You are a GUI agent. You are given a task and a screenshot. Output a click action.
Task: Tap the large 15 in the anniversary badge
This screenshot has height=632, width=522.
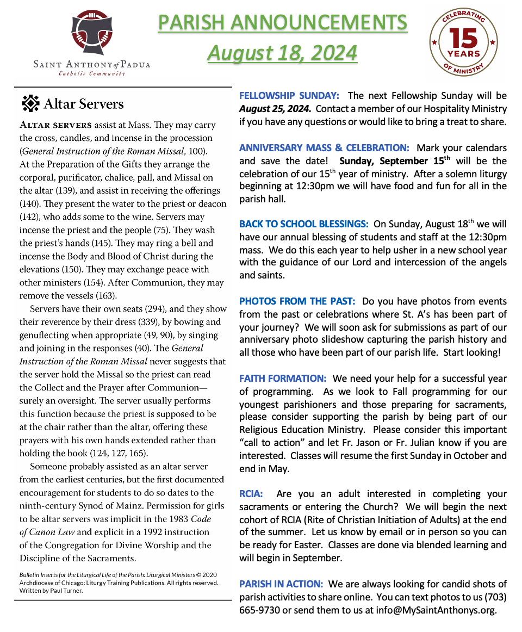[x=463, y=39]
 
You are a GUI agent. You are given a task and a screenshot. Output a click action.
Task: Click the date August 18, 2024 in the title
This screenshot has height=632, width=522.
[x=282, y=53]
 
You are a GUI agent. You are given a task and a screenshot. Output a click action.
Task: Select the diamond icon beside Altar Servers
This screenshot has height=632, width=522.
[x=30, y=103]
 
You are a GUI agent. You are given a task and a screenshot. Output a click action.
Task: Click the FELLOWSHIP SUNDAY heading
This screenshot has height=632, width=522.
[x=289, y=96]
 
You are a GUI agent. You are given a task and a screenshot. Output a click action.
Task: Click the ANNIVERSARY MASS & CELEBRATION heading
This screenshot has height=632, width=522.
[x=325, y=148]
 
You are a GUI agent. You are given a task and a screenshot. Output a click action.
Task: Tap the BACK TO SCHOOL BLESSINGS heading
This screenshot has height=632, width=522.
[x=304, y=224]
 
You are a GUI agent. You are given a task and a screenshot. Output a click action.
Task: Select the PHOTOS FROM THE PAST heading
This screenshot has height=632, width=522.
[x=297, y=301]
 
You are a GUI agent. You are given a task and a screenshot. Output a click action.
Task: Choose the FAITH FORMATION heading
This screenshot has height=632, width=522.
[x=283, y=379]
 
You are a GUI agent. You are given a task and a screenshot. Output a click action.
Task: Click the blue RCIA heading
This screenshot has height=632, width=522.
[x=251, y=494]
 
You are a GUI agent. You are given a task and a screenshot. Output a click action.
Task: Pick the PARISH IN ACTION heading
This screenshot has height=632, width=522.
[x=281, y=584]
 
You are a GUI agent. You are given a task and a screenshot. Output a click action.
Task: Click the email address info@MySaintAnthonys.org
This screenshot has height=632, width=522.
[x=436, y=610]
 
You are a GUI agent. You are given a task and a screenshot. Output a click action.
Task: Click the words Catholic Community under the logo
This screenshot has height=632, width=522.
[x=92, y=73]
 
